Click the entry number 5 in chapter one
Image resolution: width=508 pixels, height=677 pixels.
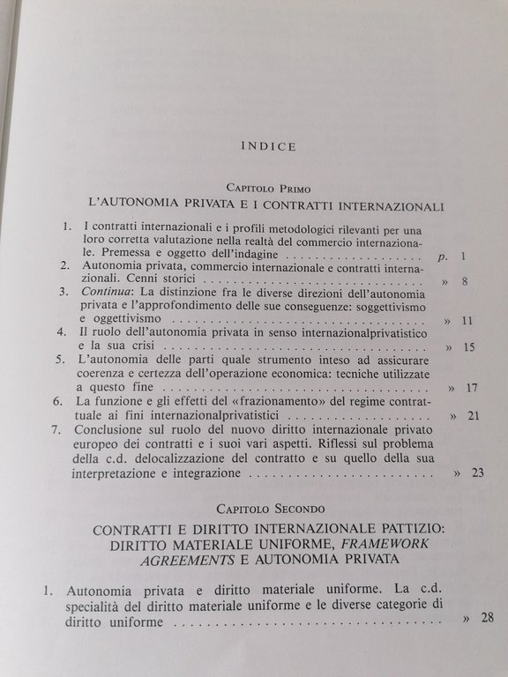[x=61, y=360]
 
